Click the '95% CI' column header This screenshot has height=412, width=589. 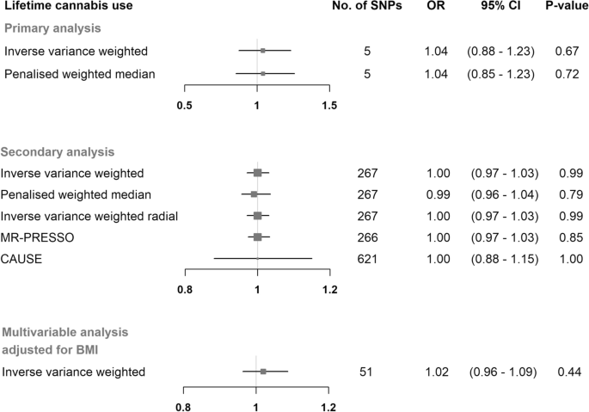[x=502, y=9]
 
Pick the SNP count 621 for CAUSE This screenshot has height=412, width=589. [x=367, y=257]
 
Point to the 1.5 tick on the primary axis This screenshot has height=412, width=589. [x=328, y=104]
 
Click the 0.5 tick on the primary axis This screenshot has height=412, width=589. [x=184, y=104]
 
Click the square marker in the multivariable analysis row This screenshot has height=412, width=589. [x=263, y=372]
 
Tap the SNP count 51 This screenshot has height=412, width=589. [x=367, y=372]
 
